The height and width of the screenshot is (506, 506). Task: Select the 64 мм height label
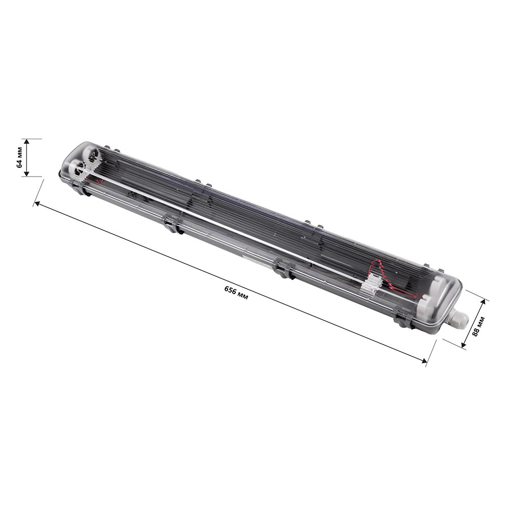point(19,157)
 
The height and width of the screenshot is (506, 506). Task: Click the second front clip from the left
point(172,223)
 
